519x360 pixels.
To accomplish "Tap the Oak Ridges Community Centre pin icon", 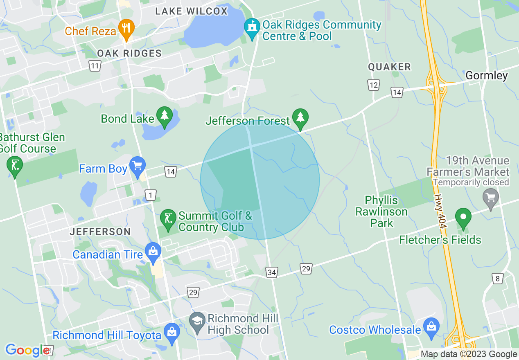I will click(251, 28).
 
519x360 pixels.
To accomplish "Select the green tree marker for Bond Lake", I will click(165, 117).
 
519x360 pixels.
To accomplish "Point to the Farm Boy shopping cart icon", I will click(137, 166).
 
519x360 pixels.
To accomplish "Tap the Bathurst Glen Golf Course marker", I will click(15, 166).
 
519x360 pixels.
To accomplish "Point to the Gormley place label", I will click(487, 76).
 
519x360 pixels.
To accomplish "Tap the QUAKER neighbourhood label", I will click(389, 67).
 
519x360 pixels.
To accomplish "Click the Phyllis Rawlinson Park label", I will click(381, 211).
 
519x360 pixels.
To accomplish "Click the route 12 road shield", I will click(373, 85).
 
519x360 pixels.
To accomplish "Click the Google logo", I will click(27, 350).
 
